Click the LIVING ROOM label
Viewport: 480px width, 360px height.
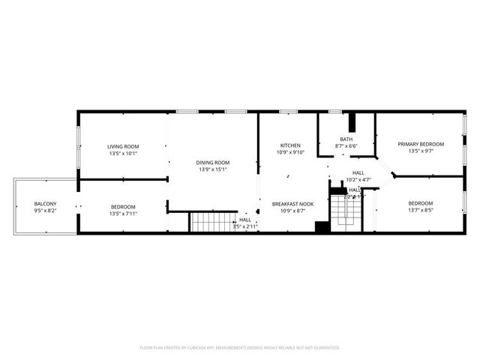click(x=123, y=146)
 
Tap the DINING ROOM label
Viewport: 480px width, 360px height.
click(x=212, y=162)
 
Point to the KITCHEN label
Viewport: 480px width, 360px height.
click(x=290, y=145)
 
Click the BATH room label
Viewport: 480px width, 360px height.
click(x=346, y=139)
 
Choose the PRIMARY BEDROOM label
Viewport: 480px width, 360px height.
click(x=421, y=144)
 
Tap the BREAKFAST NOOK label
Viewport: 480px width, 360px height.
click(x=292, y=204)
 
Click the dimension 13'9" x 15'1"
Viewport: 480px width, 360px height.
click(x=212, y=169)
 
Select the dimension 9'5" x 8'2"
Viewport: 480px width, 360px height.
click(x=44, y=212)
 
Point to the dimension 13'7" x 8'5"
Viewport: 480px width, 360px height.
click(x=421, y=211)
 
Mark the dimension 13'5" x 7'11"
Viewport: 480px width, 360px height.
click(x=123, y=214)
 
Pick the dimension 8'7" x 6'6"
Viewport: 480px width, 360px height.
click(x=346, y=146)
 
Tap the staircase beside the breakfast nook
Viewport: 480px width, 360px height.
click(x=346, y=206)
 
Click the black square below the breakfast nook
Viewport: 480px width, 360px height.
click(x=321, y=228)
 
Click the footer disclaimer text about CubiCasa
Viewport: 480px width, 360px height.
click(x=240, y=348)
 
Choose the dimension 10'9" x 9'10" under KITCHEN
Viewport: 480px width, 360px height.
click(x=290, y=152)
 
